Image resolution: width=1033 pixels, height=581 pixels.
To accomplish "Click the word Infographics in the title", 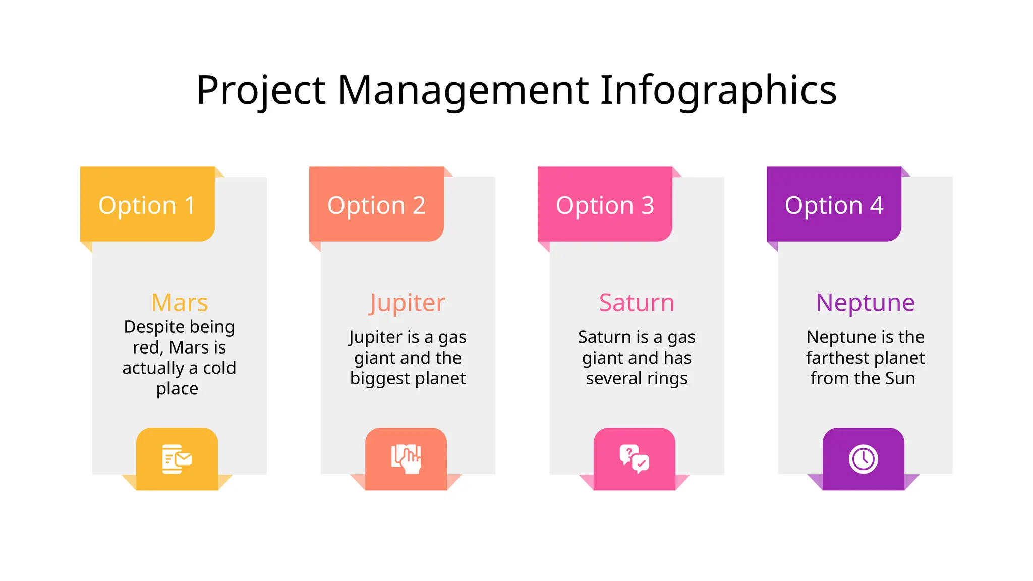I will pos(718,91).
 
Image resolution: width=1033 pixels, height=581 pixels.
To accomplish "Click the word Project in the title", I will pos(261,91).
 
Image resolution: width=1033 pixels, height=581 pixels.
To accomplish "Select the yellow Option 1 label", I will pos(147,205).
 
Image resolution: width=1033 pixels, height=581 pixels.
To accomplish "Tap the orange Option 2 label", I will pos(376,205).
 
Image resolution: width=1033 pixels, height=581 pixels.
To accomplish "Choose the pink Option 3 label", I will pos(605,205).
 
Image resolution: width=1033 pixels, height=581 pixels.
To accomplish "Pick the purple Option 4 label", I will pos(834,205).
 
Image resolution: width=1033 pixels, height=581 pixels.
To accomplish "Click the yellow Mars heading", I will pos(180,303).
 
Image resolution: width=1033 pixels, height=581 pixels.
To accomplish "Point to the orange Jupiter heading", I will pos(408,303).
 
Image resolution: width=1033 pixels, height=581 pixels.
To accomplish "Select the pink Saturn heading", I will pos(637,303).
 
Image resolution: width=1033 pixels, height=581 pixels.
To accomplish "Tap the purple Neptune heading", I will pos(865,303).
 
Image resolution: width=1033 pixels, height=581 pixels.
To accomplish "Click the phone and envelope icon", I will pos(177,459).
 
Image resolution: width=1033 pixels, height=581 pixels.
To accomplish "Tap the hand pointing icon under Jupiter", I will pos(406,459).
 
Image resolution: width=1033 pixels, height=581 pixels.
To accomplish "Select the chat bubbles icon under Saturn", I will pos(635,459).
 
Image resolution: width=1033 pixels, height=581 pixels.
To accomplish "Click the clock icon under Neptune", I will pos(863,459).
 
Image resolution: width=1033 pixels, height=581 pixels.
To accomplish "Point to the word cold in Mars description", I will pos(219,368).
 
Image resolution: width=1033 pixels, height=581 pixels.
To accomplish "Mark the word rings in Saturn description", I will pos(667,379).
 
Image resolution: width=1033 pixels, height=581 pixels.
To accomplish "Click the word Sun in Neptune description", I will pos(900,378).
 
